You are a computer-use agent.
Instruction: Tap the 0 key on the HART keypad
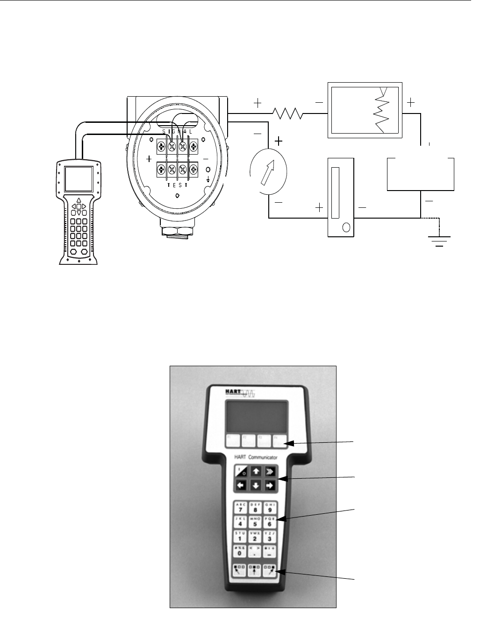click(x=240, y=551)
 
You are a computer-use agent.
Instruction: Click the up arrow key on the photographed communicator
click(x=256, y=471)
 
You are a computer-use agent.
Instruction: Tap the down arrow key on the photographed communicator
click(x=256, y=485)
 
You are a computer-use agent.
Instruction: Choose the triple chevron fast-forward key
click(x=270, y=471)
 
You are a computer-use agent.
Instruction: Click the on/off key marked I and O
click(x=242, y=471)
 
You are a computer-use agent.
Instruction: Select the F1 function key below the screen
click(x=232, y=440)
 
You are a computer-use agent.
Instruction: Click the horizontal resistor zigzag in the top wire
click(x=288, y=113)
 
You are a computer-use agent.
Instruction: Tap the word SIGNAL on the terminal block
click(x=177, y=132)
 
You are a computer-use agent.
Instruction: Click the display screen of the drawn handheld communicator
click(x=78, y=179)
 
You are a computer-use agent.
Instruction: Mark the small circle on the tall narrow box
click(x=346, y=227)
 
